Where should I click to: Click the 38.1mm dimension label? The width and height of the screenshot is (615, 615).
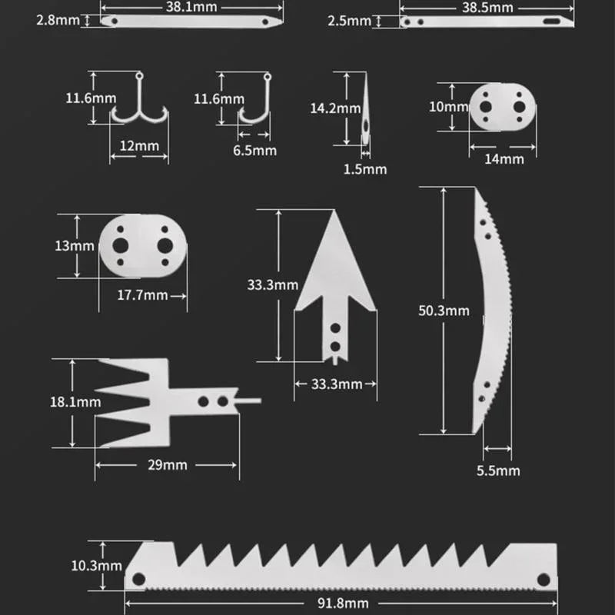point(191,6)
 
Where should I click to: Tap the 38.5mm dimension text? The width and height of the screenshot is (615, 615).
point(487,6)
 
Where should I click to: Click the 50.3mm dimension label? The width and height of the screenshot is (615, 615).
point(443,311)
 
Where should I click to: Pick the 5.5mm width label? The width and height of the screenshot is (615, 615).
point(497,470)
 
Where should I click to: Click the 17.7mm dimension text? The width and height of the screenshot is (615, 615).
point(142,295)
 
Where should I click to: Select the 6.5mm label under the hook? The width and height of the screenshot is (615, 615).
point(254,151)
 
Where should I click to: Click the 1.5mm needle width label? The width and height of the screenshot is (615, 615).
point(365,168)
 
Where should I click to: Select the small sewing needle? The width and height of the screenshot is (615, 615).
point(365,111)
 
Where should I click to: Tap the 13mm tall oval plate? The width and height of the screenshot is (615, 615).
point(143,245)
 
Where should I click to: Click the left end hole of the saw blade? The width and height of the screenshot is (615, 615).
point(139,578)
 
